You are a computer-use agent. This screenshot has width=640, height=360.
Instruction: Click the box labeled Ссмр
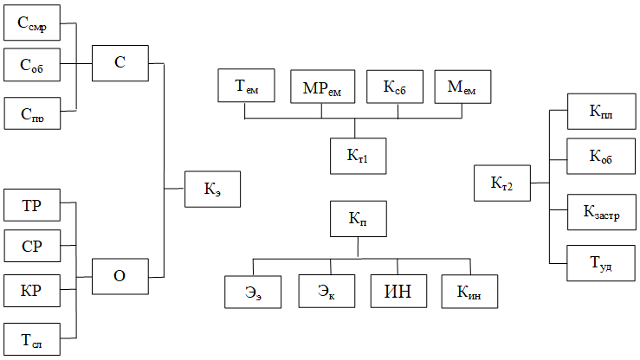[x=32, y=22]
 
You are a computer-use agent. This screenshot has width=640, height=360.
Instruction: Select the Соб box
[x=32, y=65]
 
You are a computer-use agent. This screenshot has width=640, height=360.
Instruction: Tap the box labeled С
[x=120, y=63]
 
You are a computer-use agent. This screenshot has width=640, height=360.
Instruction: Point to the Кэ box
[x=212, y=190]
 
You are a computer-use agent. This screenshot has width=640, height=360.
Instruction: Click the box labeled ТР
[x=32, y=205]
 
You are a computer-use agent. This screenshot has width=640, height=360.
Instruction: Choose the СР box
[x=32, y=246]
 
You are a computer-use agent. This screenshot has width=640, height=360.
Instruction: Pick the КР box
[x=32, y=291]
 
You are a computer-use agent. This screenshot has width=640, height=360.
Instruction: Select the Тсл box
[x=32, y=339]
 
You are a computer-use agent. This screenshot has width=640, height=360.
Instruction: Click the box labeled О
[x=120, y=276]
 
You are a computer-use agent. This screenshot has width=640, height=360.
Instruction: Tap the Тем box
[x=246, y=85]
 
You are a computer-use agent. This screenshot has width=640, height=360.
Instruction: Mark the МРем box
[x=322, y=87]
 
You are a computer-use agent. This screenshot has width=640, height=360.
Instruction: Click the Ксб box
[x=395, y=87]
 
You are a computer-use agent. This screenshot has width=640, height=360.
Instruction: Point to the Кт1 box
[x=358, y=156]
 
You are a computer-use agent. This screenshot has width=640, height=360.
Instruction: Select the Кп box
[x=358, y=219]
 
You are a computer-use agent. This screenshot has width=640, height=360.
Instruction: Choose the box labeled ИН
[x=398, y=291]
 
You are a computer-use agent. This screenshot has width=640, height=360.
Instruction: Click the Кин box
[x=469, y=291]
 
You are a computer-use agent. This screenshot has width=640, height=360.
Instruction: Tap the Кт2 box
[x=502, y=183]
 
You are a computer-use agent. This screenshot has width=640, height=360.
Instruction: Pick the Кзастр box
[x=601, y=212]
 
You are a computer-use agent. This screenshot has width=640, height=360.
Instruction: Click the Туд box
[x=601, y=263]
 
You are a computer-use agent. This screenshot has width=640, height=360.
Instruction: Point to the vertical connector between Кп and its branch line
[x=358, y=247]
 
